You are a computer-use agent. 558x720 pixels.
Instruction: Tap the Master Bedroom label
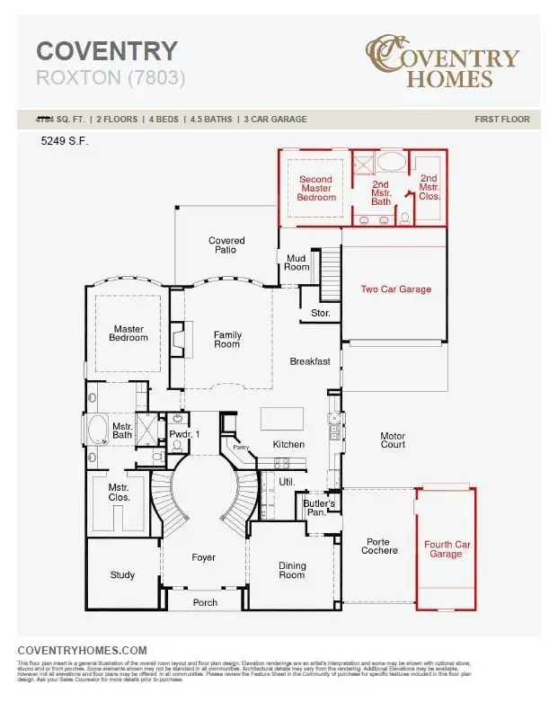[128, 333]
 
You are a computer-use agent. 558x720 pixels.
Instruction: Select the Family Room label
[227, 340]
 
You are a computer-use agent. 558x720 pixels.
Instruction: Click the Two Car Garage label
[395, 289]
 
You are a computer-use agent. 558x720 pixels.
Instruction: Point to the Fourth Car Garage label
[446, 549]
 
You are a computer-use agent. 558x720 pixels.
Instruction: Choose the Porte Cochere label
[380, 547]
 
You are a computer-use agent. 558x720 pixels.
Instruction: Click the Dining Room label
[292, 571]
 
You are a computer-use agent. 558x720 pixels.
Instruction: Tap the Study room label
[123, 575]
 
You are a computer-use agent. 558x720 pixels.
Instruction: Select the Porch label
[205, 602]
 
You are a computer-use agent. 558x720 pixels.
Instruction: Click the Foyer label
[204, 558]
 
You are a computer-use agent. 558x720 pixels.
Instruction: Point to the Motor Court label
[393, 441]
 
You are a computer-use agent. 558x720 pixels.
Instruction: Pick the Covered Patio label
[226, 244]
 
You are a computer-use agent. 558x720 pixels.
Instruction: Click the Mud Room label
[297, 262]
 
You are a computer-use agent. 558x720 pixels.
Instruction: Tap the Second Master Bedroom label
[315, 188]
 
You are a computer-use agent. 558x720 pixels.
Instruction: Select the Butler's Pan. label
[319, 508]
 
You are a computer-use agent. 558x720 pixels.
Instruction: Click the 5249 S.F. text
[65, 141]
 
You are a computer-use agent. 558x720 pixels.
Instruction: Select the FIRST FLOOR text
[501, 119]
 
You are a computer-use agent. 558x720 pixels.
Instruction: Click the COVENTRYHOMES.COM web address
[82, 650]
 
